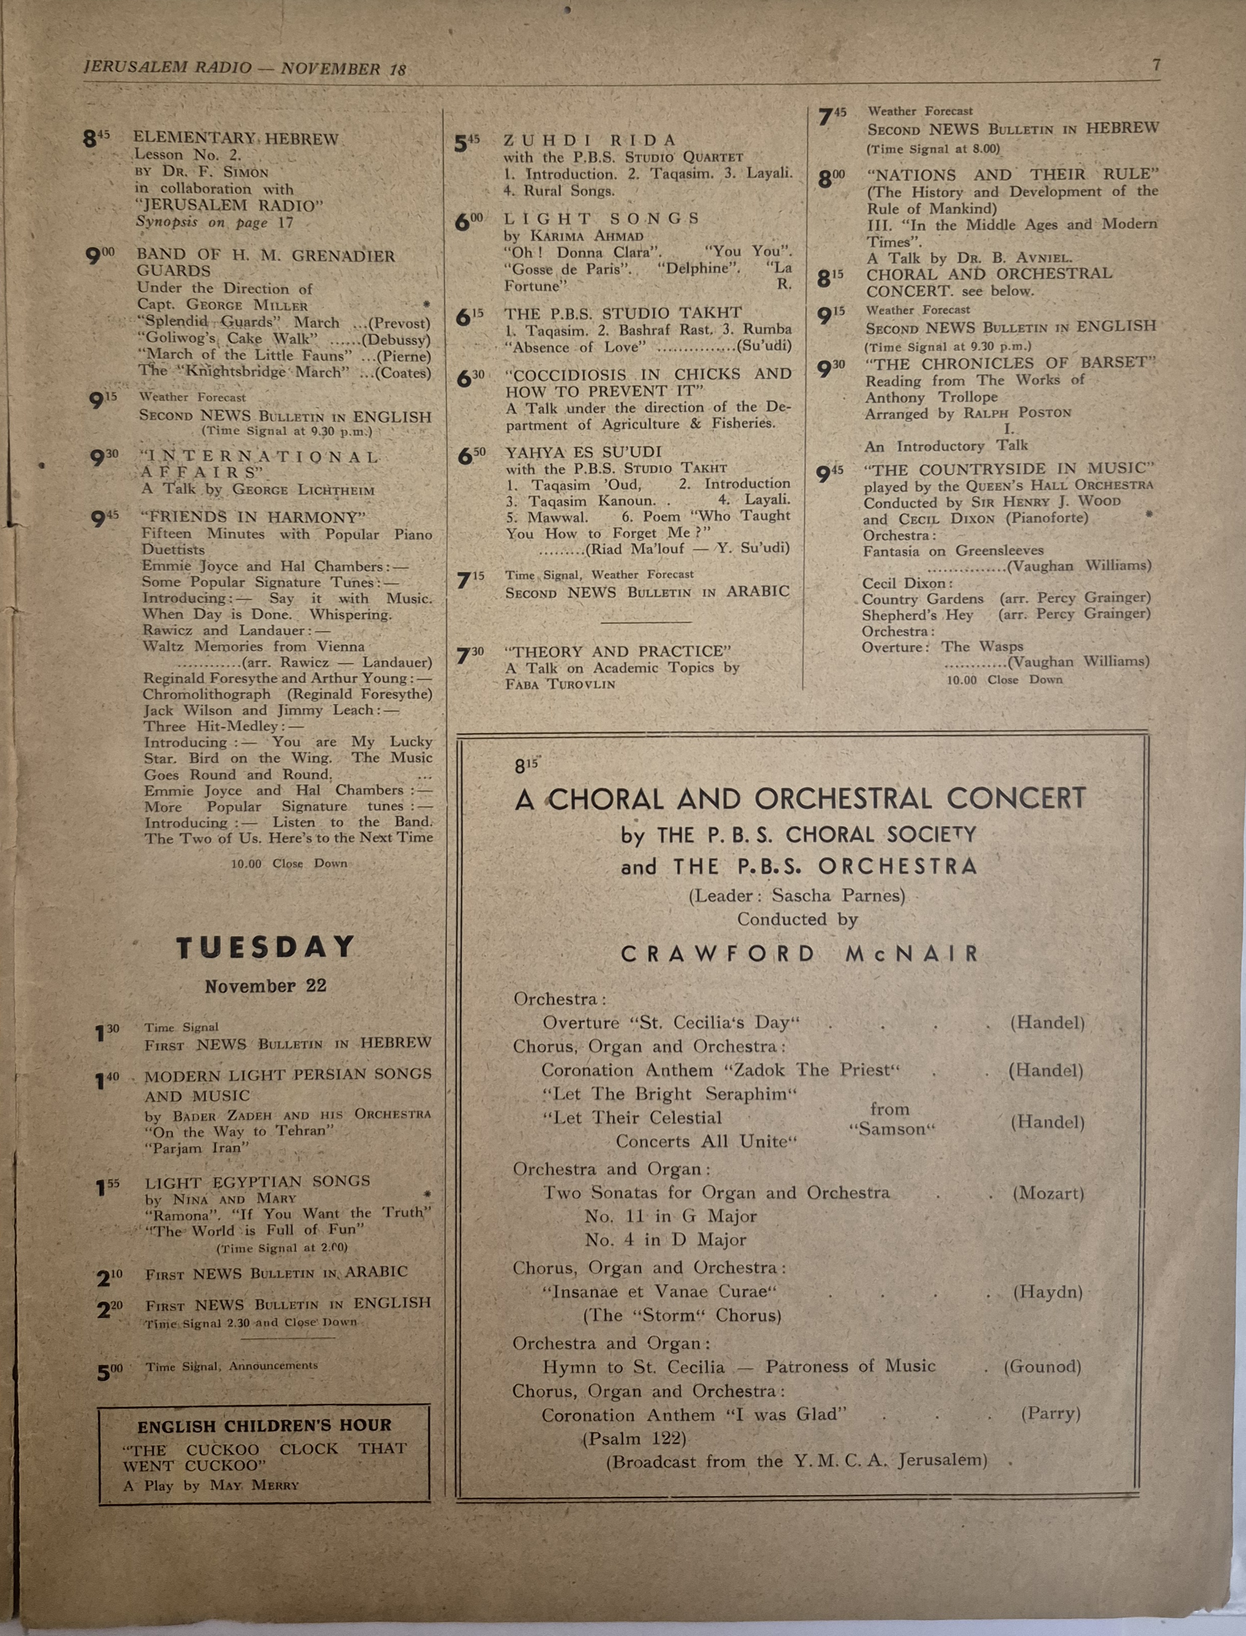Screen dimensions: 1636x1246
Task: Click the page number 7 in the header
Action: point(1155,65)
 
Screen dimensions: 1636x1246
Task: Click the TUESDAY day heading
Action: point(265,948)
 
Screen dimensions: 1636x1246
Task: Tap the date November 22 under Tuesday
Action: point(265,987)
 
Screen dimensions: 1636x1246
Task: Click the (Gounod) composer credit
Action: point(1042,1367)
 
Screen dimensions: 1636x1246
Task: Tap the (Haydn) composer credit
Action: point(1047,1292)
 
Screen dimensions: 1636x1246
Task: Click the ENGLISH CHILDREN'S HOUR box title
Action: point(264,1425)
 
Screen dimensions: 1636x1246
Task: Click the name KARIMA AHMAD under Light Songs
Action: point(587,236)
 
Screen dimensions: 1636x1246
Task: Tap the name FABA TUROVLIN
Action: point(560,684)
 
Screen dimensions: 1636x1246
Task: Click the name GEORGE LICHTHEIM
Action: point(303,489)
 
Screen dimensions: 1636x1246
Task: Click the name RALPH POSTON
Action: point(1017,413)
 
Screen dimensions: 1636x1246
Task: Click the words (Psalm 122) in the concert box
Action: point(634,1438)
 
